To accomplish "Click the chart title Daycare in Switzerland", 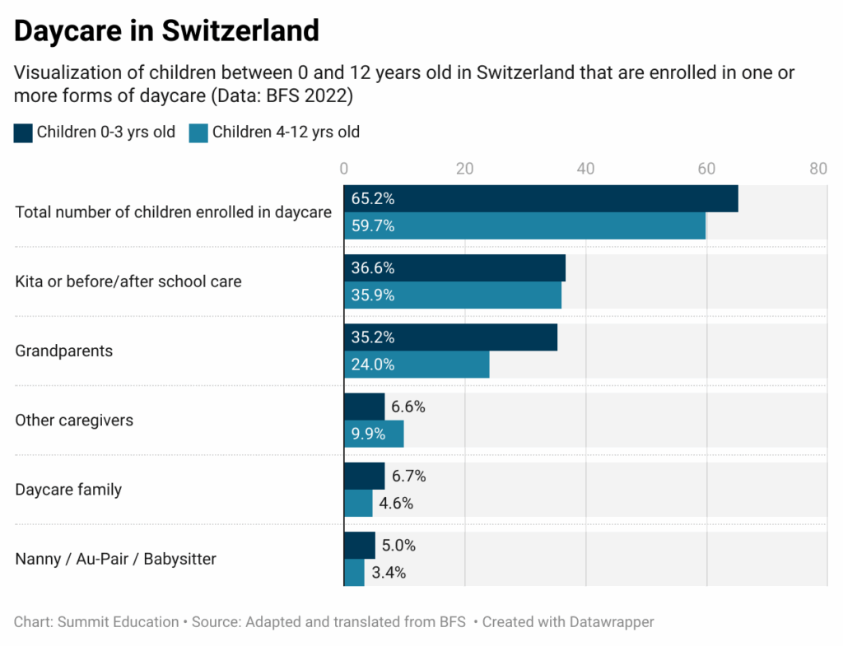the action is [x=166, y=30].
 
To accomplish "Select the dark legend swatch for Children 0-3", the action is [x=23, y=133].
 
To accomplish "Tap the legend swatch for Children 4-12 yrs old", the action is [x=198, y=133].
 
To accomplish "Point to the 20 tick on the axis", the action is [x=464, y=169].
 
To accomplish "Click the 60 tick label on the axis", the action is [x=706, y=169].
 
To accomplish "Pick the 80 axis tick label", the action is [x=818, y=169].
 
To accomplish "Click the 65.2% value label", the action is [x=373, y=199].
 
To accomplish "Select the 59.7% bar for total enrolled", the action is [x=524, y=225].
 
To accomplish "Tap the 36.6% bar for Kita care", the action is [x=454, y=268].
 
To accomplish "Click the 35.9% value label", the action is [x=373, y=295].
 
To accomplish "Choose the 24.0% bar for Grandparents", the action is [x=417, y=365].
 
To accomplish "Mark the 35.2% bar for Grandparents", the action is [x=450, y=337].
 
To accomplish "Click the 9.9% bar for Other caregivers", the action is [x=374, y=434].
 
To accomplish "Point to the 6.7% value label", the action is [x=408, y=476].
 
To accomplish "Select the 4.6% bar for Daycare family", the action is [x=358, y=503].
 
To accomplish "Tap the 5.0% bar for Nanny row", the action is [x=360, y=546].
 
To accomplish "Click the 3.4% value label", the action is [x=389, y=573].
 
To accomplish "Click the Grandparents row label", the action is [x=64, y=351].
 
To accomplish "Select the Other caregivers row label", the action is [x=74, y=421].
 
